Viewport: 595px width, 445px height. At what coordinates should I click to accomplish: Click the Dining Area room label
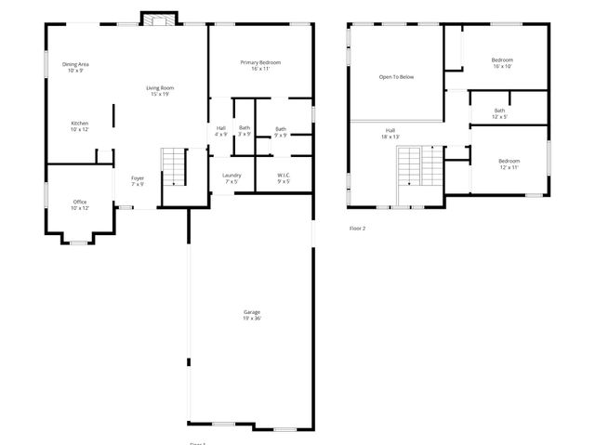tap(75, 67)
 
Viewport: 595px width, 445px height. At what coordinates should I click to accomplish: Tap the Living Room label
tap(160, 91)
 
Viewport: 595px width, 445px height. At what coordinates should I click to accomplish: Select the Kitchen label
tap(80, 125)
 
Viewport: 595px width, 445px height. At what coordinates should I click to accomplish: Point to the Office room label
tap(80, 204)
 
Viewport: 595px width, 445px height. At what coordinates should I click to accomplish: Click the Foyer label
tap(137, 180)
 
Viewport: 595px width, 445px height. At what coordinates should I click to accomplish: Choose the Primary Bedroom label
tap(260, 65)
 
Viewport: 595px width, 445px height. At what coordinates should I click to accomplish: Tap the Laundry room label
tap(231, 177)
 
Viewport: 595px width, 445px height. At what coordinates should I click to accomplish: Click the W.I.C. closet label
tap(284, 177)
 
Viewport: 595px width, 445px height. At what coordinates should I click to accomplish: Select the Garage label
tap(252, 314)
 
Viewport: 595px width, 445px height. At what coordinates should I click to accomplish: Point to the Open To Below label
tap(396, 77)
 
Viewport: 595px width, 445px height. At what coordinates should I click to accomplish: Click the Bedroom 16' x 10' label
tap(502, 63)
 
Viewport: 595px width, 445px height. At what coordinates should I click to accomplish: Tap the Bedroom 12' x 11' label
tap(509, 164)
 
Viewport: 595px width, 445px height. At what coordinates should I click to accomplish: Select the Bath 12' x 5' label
tap(500, 113)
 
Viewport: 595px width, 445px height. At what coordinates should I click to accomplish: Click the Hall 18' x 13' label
tap(390, 133)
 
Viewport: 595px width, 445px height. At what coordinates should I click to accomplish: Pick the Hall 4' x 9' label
tap(221, 131)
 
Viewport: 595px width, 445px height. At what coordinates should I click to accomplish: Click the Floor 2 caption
tap(357, 228)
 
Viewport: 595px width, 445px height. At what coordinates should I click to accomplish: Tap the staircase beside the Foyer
tap(175, 167)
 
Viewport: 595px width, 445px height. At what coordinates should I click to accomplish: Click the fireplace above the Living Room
tap(157, 19)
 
